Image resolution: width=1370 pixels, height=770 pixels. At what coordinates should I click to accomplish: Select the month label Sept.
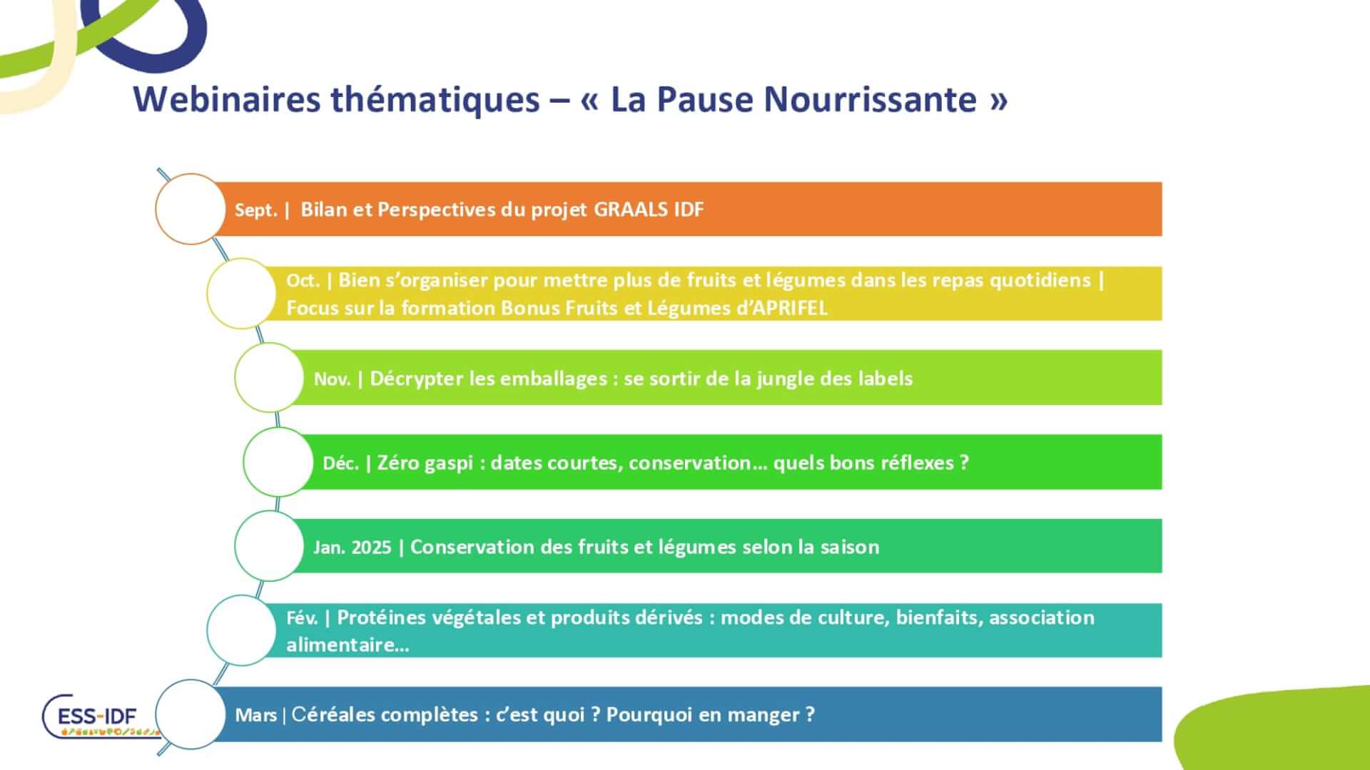tap(255, 210)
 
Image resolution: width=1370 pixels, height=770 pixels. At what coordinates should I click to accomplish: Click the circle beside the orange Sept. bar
tap(190, 209)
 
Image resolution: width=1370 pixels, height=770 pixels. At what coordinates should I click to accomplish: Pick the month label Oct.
tap(303, 281)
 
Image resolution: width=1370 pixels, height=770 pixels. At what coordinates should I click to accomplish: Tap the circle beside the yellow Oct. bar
tap(241, 293)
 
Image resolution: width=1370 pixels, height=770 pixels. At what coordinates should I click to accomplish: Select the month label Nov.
tap(332, 379)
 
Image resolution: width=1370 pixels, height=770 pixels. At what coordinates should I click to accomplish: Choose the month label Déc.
tap(340, 463)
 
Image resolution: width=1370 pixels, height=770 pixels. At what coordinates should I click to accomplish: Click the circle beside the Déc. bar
tap(278, 462)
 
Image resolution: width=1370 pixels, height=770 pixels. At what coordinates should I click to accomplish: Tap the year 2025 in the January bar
tap(372, 548)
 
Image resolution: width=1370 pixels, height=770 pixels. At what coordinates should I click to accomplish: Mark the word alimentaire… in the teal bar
tap(347, 645)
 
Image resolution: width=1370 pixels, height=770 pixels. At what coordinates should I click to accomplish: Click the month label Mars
tap(255, 715)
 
